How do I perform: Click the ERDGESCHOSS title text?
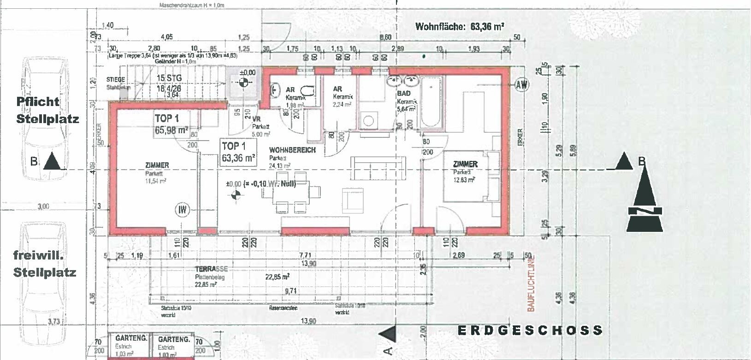tap(530, 330)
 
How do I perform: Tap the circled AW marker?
tap(522, 84)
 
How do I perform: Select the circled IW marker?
tap(183, 210)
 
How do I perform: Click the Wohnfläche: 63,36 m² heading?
tap(459, 26)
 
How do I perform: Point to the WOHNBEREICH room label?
tap(292, 150)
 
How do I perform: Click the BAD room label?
tap(403, 94)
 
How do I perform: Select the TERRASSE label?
tap(211, 269)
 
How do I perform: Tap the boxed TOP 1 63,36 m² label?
tap(238, 152)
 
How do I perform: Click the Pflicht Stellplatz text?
tap(47, 110)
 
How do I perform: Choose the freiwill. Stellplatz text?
tap(44, 263)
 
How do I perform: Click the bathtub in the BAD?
tap(431, 101)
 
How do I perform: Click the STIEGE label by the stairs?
tap(115, 80)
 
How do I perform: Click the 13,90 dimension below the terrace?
tap(308, 320)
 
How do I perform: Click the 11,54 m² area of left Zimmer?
tap(156, 181)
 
